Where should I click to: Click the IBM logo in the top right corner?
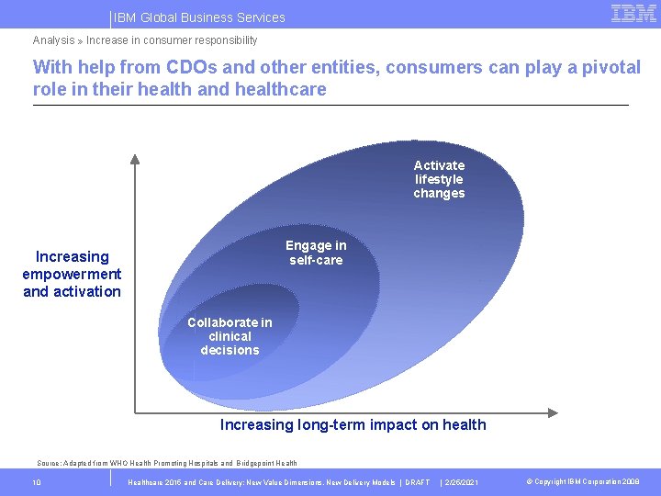633,14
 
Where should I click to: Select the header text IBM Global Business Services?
199,17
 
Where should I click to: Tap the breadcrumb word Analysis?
53,40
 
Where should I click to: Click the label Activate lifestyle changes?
439,179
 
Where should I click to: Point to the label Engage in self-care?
316,253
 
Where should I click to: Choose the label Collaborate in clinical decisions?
230,336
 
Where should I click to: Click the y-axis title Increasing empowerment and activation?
72,274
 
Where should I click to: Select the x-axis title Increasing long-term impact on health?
353,424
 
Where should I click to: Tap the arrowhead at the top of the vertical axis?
135,158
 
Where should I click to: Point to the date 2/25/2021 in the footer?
459,482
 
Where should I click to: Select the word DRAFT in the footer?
418,482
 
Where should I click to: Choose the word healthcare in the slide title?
280,89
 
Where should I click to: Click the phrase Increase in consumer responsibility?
172,40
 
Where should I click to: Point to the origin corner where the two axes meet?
136,411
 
